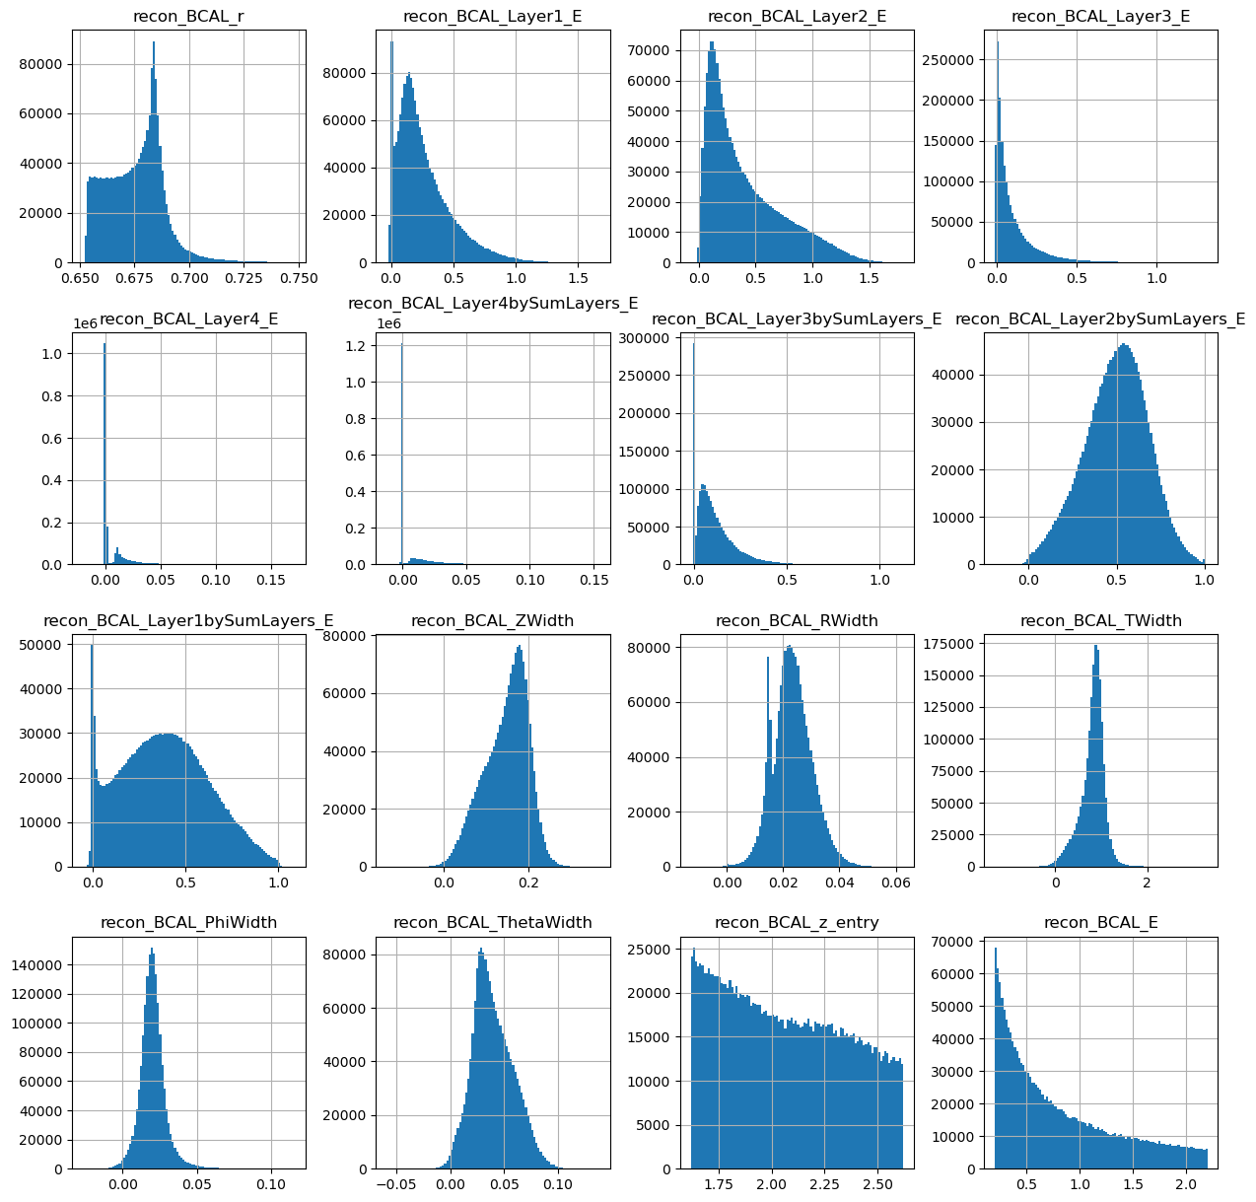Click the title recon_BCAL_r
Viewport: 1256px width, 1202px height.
[x=188, y=17]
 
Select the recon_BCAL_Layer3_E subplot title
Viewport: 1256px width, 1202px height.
[x=1101, y=17]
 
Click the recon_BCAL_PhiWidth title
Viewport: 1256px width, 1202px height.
[x=188, y=922]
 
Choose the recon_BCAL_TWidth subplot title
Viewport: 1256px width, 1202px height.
[x=1101, y=620]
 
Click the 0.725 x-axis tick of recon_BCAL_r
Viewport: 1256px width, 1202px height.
[x=244, y=278]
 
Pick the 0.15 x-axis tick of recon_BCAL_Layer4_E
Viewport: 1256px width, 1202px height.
[x=271, y=580]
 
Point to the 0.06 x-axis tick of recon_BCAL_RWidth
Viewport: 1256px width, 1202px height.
[x=896, y=883]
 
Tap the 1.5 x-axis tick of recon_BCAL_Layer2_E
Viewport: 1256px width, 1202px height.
[x=869, y=278]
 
